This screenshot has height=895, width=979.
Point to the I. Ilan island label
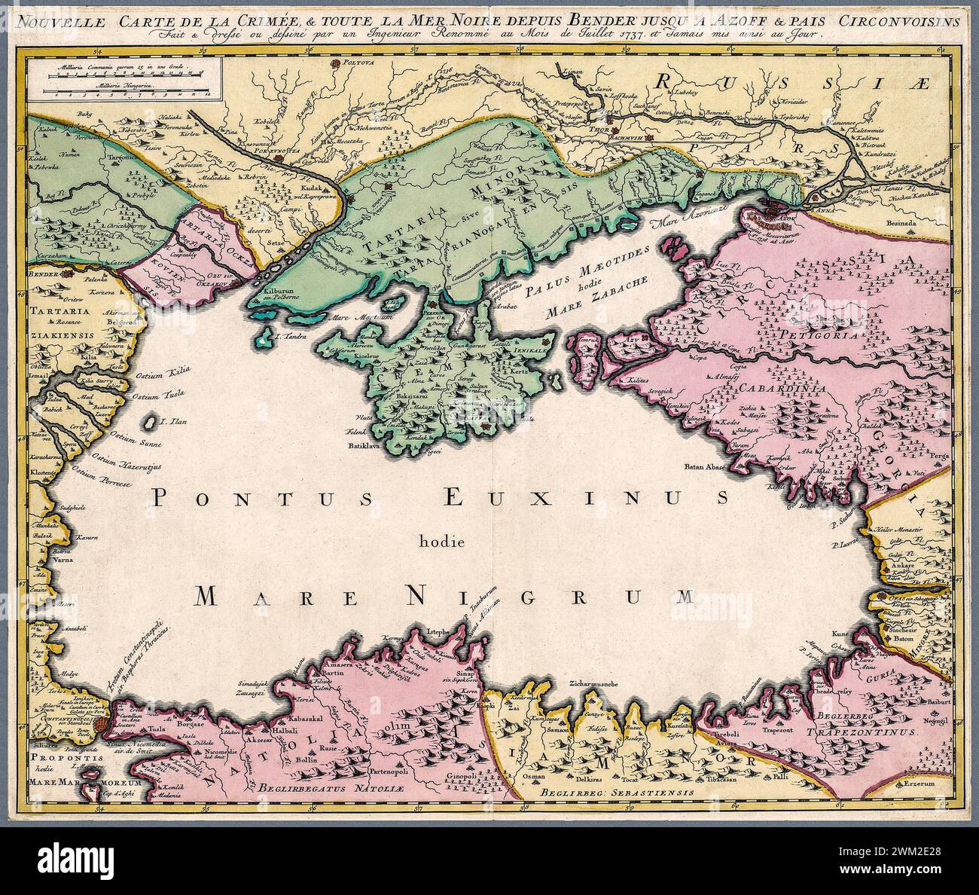coord(172,422)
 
